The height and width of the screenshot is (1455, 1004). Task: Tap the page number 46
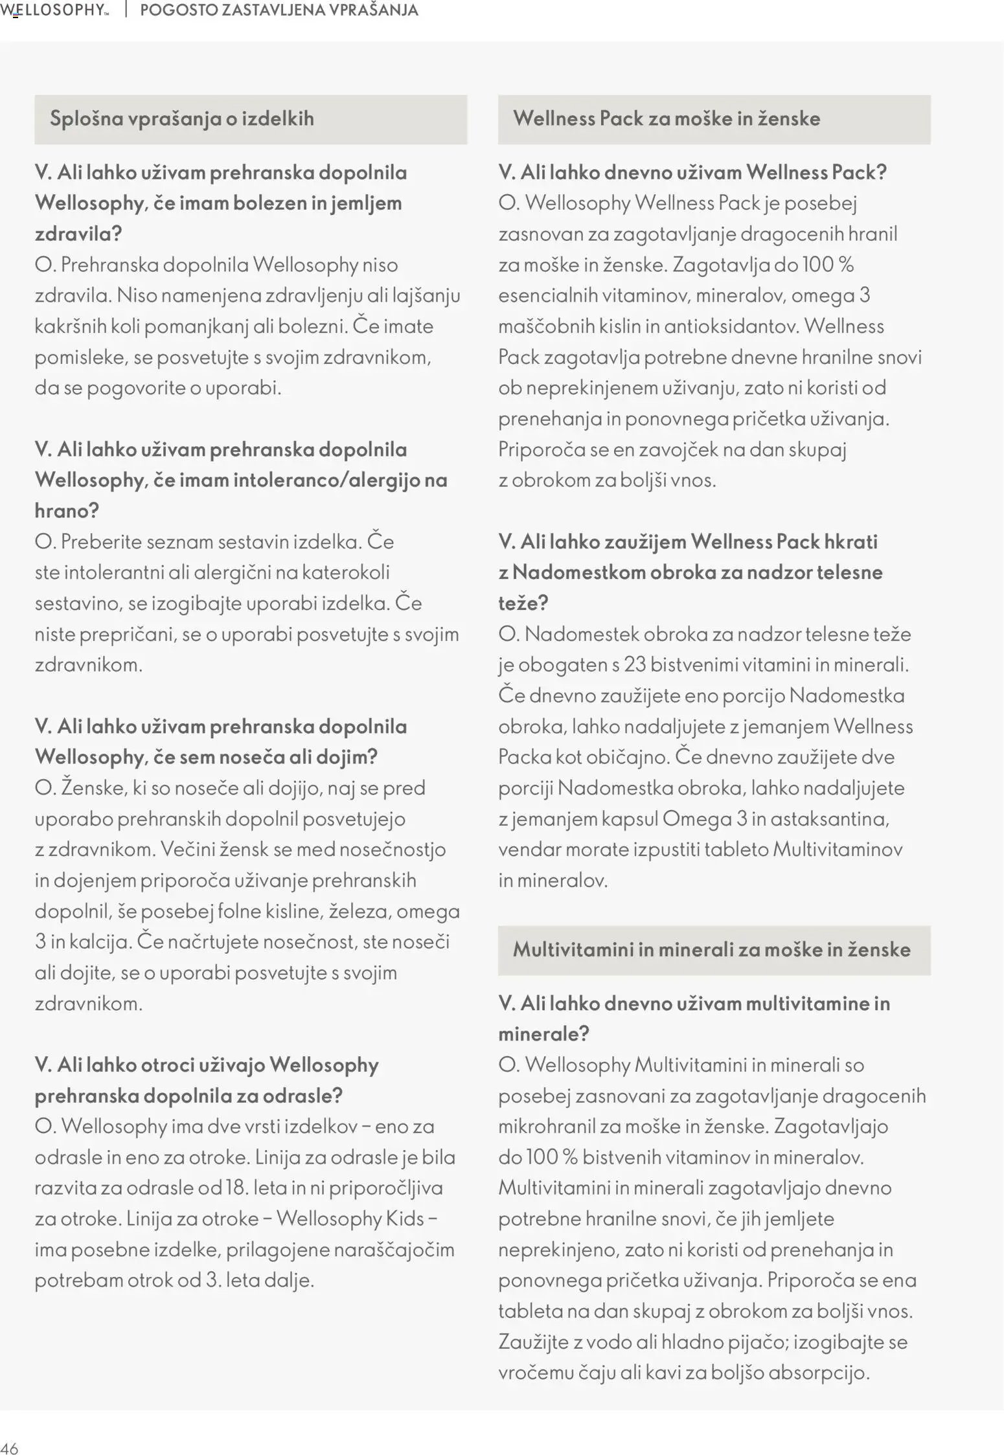click(10, 1449)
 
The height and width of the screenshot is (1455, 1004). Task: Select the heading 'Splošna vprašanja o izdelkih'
click(182, 118)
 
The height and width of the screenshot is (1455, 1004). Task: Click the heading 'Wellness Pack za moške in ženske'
click(667, 118)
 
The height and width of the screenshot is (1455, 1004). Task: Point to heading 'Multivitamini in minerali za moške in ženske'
click(712, 950)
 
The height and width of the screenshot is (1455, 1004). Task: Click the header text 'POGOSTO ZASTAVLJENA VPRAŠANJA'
click(279, 10)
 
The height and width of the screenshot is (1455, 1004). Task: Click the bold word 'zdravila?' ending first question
click(78, 234)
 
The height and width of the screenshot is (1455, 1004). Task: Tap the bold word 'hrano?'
click(67, 511)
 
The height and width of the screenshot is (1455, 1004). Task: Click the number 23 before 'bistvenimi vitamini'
click(634, 665)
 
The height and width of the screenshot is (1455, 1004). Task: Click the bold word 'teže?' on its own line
click(523, 603)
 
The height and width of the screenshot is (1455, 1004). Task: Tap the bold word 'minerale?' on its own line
click(543, 1034)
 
